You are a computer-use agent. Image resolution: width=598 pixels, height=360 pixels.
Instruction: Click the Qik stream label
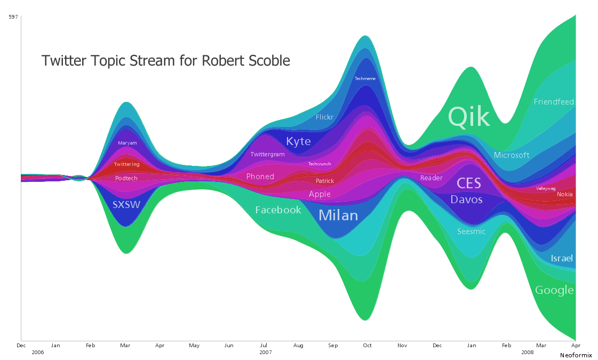pos(468,116)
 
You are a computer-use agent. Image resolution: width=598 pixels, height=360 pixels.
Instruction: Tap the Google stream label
pos(554,290)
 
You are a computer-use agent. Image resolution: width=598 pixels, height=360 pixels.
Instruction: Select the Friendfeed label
pos(554,101)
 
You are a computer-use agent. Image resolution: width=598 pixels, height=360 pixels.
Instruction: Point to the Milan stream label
pos(338,215)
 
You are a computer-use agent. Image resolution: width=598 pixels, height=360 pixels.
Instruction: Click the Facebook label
pos(278,210)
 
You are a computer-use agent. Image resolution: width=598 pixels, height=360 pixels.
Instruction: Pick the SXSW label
pos(126,204)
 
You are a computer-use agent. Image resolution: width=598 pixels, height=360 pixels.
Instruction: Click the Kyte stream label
pos(298,141)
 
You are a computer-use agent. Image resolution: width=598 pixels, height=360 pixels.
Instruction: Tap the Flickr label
pos(324,117)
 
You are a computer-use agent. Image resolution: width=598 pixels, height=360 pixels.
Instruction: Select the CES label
pos(469,183)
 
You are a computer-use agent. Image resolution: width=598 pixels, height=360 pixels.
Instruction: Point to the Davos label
pos(466,199)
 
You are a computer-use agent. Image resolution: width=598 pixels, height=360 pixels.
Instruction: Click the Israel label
pos(562,258)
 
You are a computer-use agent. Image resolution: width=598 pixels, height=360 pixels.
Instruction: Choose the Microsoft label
pos(512,155)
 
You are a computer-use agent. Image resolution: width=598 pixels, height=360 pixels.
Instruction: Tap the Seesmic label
pos(472,231)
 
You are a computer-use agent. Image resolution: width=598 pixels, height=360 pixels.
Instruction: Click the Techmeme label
pos(365,78)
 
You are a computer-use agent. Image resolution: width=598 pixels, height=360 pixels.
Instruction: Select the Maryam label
pos(127,143)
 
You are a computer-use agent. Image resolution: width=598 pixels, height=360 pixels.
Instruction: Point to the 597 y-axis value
pos(13,17)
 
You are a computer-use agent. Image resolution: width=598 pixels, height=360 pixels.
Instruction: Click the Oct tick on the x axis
pos(367,346)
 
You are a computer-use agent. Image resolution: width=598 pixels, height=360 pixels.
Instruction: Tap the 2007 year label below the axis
pos(266,353)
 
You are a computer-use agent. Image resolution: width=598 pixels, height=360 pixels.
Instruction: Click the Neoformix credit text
pos(576,355)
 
